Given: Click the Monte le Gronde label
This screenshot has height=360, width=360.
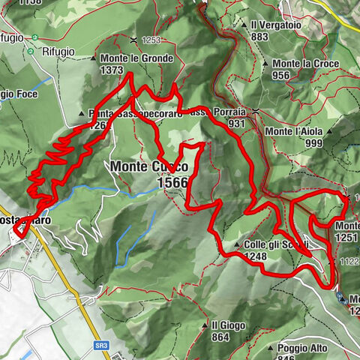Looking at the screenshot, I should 137,58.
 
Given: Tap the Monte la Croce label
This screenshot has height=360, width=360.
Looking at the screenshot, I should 305,64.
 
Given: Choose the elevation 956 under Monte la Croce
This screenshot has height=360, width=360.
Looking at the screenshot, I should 281,75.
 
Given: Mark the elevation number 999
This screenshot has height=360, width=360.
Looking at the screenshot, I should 313,143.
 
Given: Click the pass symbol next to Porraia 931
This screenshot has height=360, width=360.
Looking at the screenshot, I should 256,112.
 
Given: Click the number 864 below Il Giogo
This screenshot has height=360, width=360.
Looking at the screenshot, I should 220,337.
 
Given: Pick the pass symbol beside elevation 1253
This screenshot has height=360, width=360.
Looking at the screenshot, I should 133,39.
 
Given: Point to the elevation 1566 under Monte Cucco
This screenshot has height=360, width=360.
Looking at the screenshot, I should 172,182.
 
